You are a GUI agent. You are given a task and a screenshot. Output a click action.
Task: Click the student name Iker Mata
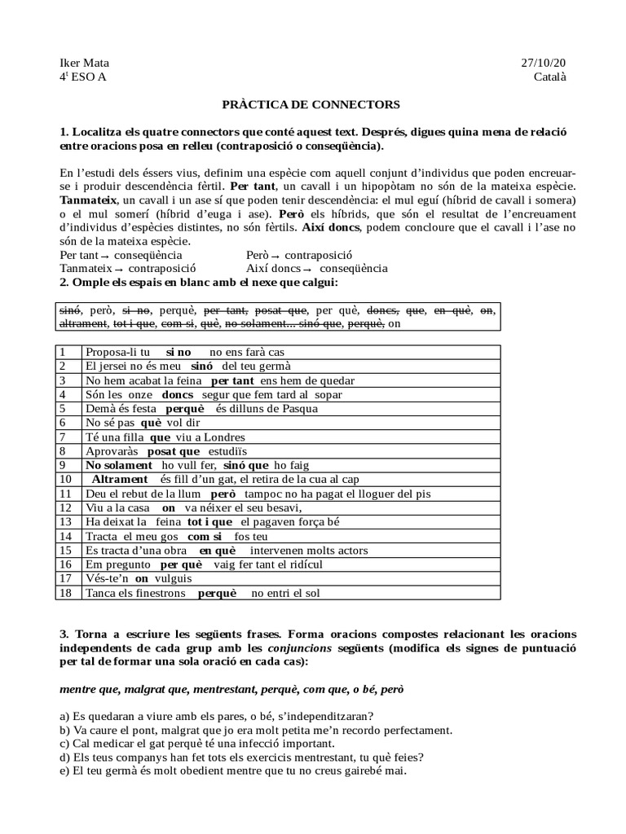(x=85, y=64)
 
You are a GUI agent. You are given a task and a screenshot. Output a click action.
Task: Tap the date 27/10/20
(x=543, y=64)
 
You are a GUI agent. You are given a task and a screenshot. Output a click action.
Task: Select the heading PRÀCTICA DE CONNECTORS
(x=312, y=105)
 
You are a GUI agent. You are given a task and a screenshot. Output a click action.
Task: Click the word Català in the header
(x=549, y=77)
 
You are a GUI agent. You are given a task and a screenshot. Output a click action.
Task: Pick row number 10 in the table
(x=66, y=479)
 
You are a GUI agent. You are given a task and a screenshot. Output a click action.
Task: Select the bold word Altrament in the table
(x=120, y=479)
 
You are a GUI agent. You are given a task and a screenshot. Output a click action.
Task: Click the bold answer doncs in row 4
(x=178, y=394)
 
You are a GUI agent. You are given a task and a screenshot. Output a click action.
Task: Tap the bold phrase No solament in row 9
(x=116, y=464)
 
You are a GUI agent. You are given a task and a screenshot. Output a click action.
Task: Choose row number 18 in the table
(x=66, y=593)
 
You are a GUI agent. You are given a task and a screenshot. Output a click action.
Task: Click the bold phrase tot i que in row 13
(x=209, y=521)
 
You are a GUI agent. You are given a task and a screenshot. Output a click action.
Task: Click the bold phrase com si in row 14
(x=205, y=536)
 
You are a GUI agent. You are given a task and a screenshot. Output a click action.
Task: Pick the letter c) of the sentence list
(x=65, y=743)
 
